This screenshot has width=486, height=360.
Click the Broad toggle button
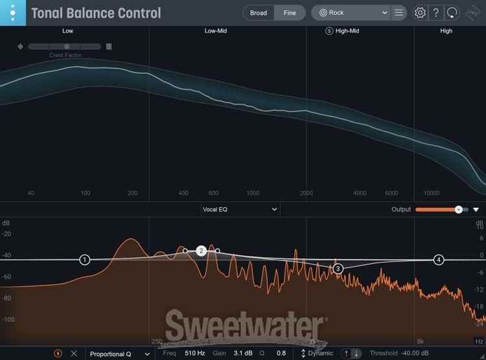[259, 13]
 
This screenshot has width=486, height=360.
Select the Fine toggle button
[290, 13]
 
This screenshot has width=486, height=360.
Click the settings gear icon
[420, 13]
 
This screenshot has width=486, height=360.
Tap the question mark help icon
[436, 13]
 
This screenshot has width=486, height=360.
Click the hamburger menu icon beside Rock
[399, 13]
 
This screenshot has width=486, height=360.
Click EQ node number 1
[85, 260]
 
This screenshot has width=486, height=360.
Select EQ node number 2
[202, 251]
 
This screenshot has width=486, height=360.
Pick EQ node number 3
[338, 268]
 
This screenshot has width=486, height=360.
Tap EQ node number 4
[439, 260]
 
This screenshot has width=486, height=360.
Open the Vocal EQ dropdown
[240, 209]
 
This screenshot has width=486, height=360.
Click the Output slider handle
[459, 209]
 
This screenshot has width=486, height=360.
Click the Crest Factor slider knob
[67, 47]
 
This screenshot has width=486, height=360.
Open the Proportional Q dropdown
[120, 354]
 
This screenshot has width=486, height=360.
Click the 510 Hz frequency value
[194, 354]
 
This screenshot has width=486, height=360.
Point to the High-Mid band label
[347, 31]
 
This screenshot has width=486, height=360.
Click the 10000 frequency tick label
[432, 193]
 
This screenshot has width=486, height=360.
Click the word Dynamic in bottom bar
[321, 354]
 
